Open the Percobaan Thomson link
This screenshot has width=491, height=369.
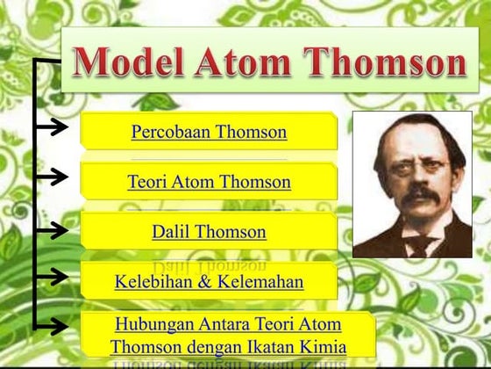click(209, 133)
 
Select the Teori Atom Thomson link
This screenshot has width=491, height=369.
click(209, 183)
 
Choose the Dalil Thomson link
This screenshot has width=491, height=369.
click(209, 232)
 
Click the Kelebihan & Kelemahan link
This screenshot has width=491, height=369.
click(209, 282)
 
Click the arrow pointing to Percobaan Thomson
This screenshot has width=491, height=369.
click(53, 127)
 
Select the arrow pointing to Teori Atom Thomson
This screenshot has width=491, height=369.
click(53, 177)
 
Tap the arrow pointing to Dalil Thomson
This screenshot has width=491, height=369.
click(53, 230)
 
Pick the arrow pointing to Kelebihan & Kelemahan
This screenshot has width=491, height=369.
click(53, 277)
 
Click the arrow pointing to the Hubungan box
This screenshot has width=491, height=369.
click(53, 326)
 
